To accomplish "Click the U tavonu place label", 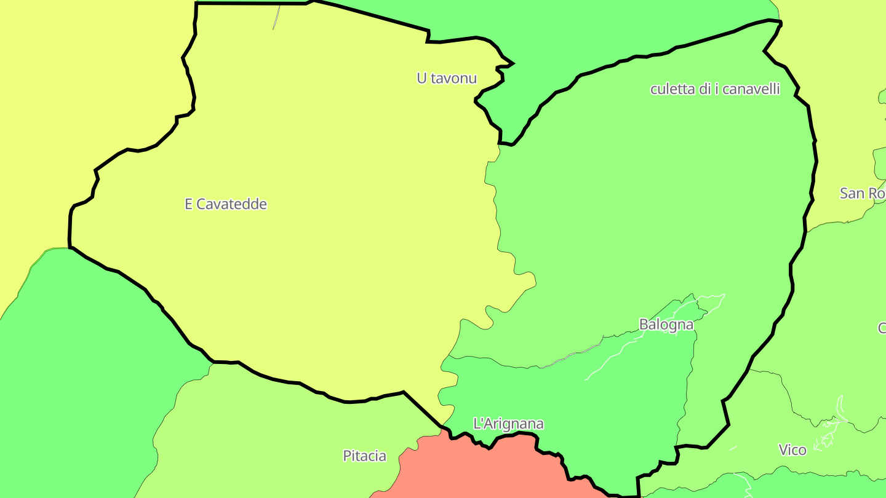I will coord(447,78).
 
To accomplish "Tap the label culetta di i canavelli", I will coord(715,89).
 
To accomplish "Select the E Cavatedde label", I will coord(226,204).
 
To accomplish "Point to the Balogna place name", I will coord(666,325).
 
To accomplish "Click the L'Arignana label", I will coord(508,424).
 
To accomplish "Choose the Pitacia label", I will coord(365,456).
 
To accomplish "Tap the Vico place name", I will coord(792,450).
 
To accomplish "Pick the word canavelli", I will coord(751,89).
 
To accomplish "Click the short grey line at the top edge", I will coord(277,17).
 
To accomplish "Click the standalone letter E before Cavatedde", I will coord(189,204).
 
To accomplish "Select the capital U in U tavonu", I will coord(421,78).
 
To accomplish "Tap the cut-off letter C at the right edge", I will coord(882,328).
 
